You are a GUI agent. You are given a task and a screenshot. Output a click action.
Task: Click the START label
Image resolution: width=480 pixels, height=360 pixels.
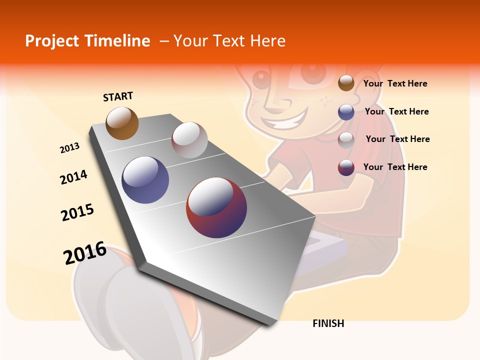118,96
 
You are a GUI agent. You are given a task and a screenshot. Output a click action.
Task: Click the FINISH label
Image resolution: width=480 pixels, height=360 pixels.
328,323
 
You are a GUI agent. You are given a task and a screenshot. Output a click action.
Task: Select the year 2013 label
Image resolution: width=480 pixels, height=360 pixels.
69,148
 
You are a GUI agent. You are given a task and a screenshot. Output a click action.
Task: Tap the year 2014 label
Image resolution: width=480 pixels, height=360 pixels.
73,177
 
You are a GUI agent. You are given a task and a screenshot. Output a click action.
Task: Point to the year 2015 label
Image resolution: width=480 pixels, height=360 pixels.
77,212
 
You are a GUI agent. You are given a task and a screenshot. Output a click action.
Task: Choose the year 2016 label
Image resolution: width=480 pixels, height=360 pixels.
85,253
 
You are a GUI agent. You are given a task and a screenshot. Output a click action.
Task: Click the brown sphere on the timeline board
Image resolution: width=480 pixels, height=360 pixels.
122,123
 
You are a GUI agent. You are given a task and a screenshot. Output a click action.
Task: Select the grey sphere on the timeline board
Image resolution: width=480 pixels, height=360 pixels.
189,140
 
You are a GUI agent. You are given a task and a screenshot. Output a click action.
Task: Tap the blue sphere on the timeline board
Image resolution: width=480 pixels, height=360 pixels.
145,180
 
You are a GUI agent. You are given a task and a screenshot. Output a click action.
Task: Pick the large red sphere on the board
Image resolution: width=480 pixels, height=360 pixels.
216,207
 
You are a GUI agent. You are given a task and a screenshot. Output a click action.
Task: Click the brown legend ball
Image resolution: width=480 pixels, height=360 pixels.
346,83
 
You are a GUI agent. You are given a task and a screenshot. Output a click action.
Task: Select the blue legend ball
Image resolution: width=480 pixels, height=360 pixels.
346,112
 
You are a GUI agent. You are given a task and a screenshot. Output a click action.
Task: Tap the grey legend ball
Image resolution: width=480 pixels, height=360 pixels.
346,140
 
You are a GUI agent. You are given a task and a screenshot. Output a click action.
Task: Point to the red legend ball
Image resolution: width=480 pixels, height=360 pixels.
346,167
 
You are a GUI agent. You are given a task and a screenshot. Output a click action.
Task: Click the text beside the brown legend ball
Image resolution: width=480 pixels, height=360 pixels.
395,83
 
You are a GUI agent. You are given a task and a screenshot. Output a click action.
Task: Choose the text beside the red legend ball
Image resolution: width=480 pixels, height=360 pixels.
395,167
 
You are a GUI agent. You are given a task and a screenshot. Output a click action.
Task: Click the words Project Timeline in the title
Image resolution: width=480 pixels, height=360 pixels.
87,41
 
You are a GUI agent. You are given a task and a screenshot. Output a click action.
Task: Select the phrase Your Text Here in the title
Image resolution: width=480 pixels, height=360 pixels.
229,41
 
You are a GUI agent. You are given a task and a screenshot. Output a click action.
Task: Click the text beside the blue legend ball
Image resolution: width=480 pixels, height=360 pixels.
396,111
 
